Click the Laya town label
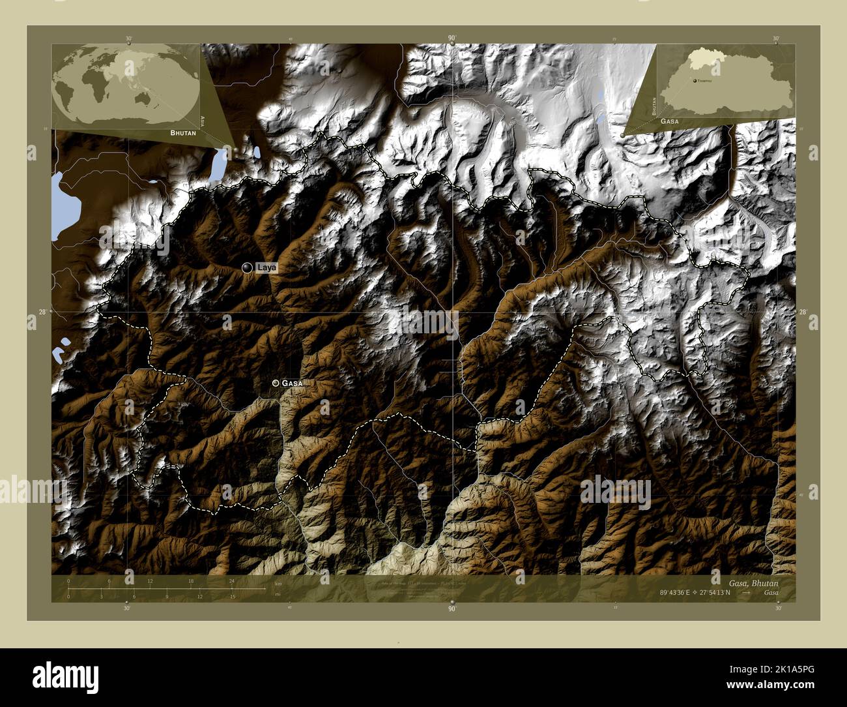coord(265,267)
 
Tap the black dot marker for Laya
coord(247,267)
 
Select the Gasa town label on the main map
coord(292,384)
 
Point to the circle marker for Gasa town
coord(276,383)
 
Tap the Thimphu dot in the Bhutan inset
coord(695,80)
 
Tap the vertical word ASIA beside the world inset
coord(203,121)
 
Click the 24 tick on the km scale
coord(231,580)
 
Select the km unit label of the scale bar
coord(278,583)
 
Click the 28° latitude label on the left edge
coord(42,312)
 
